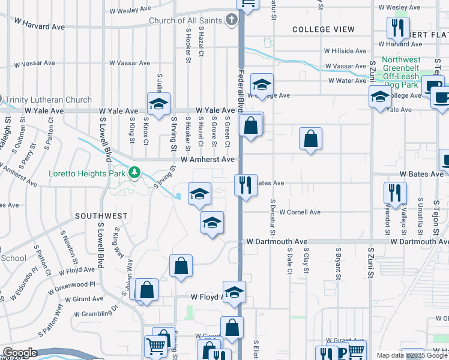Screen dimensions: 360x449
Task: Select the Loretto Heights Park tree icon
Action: coord(134,173)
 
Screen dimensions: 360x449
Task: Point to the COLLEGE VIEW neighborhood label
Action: coord(323,29)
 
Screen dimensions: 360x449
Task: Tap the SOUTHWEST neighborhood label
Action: coord(101,215)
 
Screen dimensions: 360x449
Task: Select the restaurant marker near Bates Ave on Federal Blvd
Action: coord(245,185)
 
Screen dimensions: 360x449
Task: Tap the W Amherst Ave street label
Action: coord(207,160)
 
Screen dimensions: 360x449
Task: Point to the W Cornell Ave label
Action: coord(300,212)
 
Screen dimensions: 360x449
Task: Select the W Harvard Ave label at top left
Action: coord(39,24)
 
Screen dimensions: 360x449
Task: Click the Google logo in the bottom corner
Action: coord(19,353)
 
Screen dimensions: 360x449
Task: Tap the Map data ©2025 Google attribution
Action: coord(411,355)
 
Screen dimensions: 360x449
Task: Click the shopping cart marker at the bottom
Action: coord(155,346)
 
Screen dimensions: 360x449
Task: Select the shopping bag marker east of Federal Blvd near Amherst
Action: coord(310,139)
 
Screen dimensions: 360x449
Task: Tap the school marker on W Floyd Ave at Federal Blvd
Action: coord(234,292)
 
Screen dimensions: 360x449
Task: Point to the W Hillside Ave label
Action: coord(345,52)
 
